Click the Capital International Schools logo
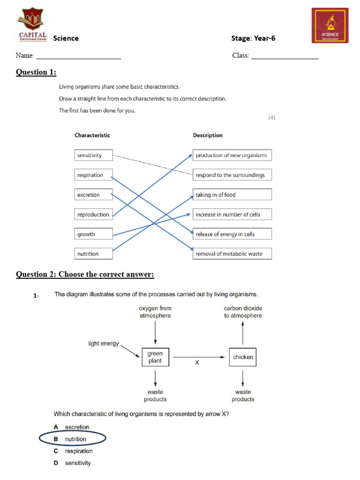click(32, 24)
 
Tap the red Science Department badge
click(330, 25)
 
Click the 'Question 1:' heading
click(36, 72)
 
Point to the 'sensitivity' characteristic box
click(94, 155)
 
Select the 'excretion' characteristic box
click(94, 195)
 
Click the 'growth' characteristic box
click(94, 234)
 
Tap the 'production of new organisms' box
click(232, 155)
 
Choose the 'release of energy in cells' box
click(232, 234)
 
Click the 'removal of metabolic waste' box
click(232, 254)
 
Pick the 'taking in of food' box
click(232, 195)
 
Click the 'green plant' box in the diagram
click(155, 357)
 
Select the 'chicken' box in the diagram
click(243, 357)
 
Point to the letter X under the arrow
click(197, 362)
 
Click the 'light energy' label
click(104, 344)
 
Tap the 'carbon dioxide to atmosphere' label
click(243, 312)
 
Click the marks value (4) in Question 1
click(272, 118)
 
